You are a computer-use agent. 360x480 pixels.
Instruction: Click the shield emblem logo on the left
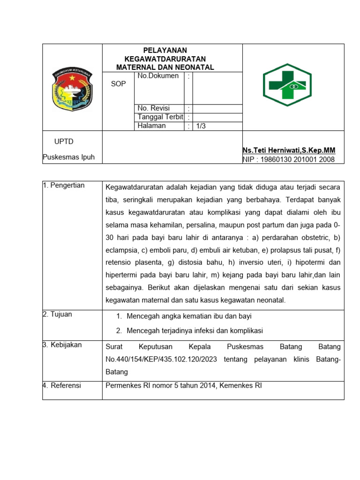click(x=72, y=90)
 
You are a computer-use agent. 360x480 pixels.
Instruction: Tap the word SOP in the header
click(x=118, y=84)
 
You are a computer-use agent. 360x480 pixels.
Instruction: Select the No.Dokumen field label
click(x=158, y=76)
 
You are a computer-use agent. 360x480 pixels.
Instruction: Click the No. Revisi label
click(x=154, y=108)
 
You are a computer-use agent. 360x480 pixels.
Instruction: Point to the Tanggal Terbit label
click(x=160, y=117)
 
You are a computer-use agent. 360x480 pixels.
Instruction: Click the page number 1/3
click(x=201, y=126)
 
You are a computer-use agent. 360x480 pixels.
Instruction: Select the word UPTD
click(x=64, y=142)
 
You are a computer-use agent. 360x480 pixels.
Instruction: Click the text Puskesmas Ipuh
click(x=68, y=157)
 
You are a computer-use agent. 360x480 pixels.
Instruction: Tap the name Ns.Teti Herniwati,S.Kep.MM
click(x=289, y=150)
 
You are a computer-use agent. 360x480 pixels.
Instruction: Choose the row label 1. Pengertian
click(x=64, y=185)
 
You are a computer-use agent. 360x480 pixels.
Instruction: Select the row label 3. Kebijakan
click(x=62, y=345)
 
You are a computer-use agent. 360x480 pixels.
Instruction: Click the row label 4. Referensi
click(x=62, y=385)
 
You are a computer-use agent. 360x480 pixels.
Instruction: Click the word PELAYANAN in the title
click(x=165, y=50)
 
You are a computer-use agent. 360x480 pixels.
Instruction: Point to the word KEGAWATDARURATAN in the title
click(x=165, y=59)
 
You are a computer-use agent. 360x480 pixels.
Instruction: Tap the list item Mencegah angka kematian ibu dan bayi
click(x=189, y=316)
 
